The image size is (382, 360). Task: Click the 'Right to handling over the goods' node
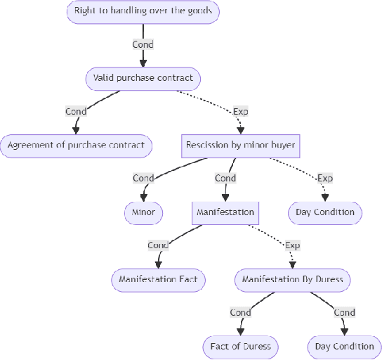click(143, 11)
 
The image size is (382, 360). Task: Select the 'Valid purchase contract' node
click(143, 78)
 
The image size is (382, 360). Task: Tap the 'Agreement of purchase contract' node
click(76, 146)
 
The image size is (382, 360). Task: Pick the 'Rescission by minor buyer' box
click(241, 146)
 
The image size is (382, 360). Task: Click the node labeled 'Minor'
click(143, 212)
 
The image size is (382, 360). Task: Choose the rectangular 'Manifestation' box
click(225, 212)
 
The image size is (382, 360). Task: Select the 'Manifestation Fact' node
click(158, 279)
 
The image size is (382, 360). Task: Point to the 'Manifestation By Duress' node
click(292, 279)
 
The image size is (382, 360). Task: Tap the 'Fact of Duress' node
click(240, 346)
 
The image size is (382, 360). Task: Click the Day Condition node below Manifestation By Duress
click(344, 346)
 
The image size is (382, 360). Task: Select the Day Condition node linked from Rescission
click(324, 212)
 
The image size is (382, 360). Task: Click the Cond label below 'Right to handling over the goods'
click(143, 44)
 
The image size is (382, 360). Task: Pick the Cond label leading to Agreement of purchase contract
click(76, 111)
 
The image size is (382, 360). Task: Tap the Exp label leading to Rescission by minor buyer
click(240, 111)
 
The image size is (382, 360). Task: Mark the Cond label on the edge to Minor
click(143, 179)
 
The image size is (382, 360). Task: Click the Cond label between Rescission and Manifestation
click(225, 179)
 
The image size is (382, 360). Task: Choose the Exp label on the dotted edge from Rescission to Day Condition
click(324, 179)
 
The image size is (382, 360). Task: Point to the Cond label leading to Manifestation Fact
click(158, 245)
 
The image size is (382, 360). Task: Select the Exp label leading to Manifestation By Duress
click(292, 245)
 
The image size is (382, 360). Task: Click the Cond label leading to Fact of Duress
click(240, 312)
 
